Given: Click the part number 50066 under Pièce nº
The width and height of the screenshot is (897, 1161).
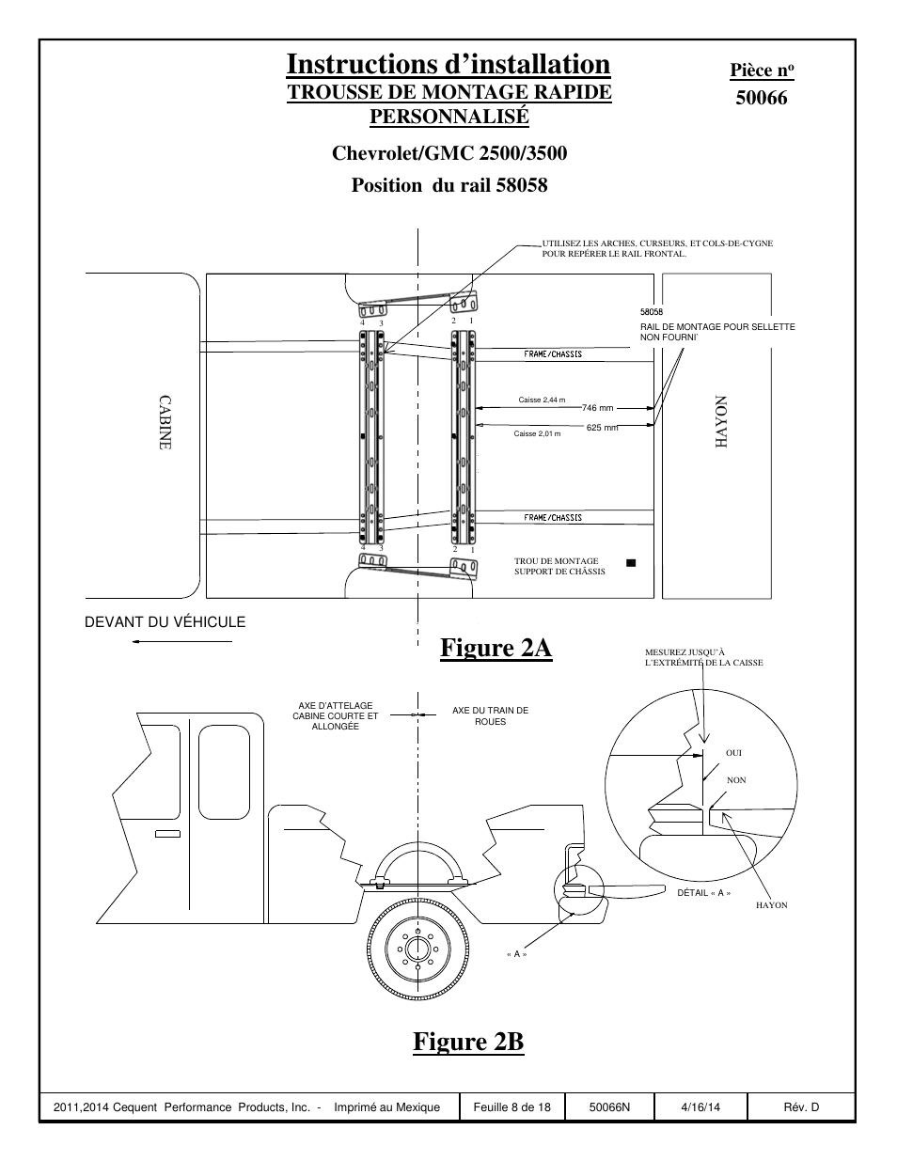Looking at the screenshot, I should [761, 97].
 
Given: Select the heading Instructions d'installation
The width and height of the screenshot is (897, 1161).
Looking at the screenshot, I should [448, 64].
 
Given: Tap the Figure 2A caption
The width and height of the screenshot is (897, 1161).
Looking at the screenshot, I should [496, 648].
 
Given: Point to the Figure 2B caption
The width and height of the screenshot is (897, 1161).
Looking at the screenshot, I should [467, 1042].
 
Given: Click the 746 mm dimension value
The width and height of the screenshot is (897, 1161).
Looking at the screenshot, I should [596, 408].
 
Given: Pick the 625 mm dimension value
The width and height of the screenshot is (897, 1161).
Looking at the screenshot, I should [602, 428].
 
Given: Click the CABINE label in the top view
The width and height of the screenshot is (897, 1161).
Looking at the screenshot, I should [165, 422].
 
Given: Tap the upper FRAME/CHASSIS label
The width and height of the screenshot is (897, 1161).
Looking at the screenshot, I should [553, 354].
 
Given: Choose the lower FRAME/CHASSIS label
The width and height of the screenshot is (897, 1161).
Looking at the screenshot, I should [553, 518].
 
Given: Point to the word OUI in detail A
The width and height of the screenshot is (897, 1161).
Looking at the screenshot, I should [734, 753].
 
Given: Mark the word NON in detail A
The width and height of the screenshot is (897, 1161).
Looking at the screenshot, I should [736, 780].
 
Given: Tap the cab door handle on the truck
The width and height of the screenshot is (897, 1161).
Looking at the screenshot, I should [169, 834].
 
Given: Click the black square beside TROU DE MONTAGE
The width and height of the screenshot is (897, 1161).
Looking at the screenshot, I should [631, 562].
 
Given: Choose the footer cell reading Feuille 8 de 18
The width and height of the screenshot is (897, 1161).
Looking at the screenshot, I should [511, 1107].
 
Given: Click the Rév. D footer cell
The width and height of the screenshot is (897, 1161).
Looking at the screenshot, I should [801, 1107].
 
